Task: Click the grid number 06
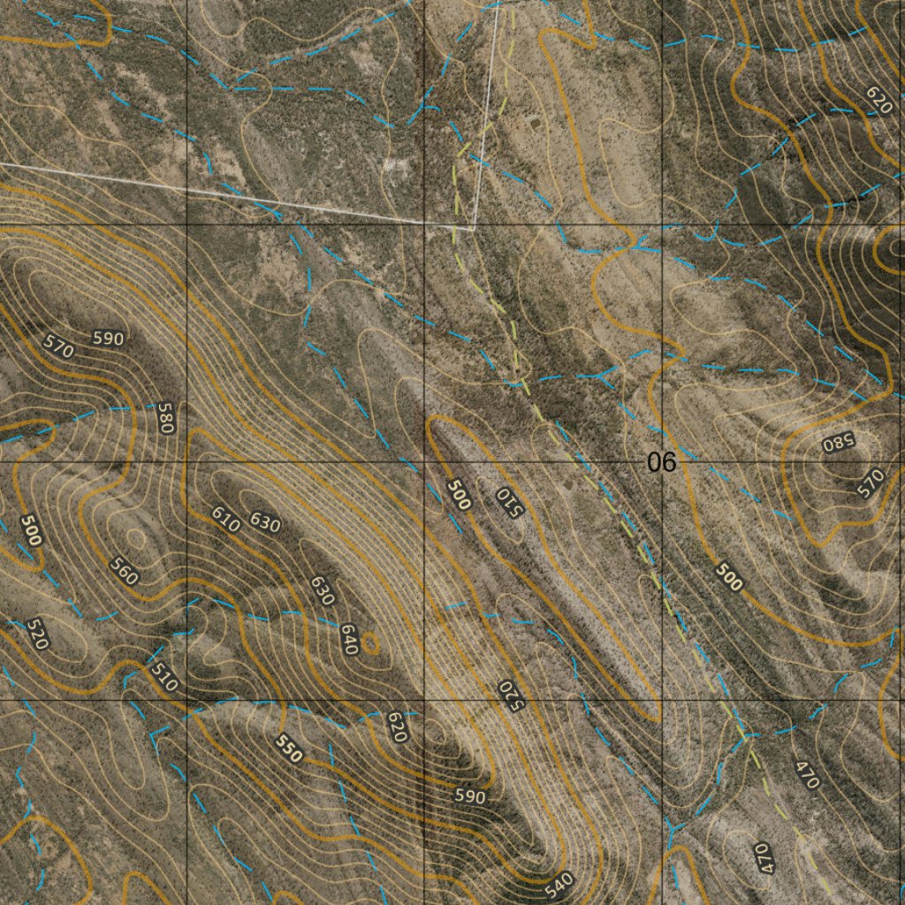pos(660,461)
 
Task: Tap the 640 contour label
pos(347,640)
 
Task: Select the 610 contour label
pos(226,519)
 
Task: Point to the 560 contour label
pos(124,572)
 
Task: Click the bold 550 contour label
pos(289,749)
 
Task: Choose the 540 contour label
pos(559,882)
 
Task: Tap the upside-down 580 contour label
pos(834,443)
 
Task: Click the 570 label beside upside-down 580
pos(871,483)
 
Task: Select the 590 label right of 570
pos(108,338)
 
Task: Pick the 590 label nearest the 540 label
pos(469,796)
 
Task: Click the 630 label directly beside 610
pos(264,521)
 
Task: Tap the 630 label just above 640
pos(321,590)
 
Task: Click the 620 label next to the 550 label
pos(397,726)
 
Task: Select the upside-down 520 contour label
pos(510,693)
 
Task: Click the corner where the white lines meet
pos(475,227)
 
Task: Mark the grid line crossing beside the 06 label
pos(662,461)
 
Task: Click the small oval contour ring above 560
pos(134,536)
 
